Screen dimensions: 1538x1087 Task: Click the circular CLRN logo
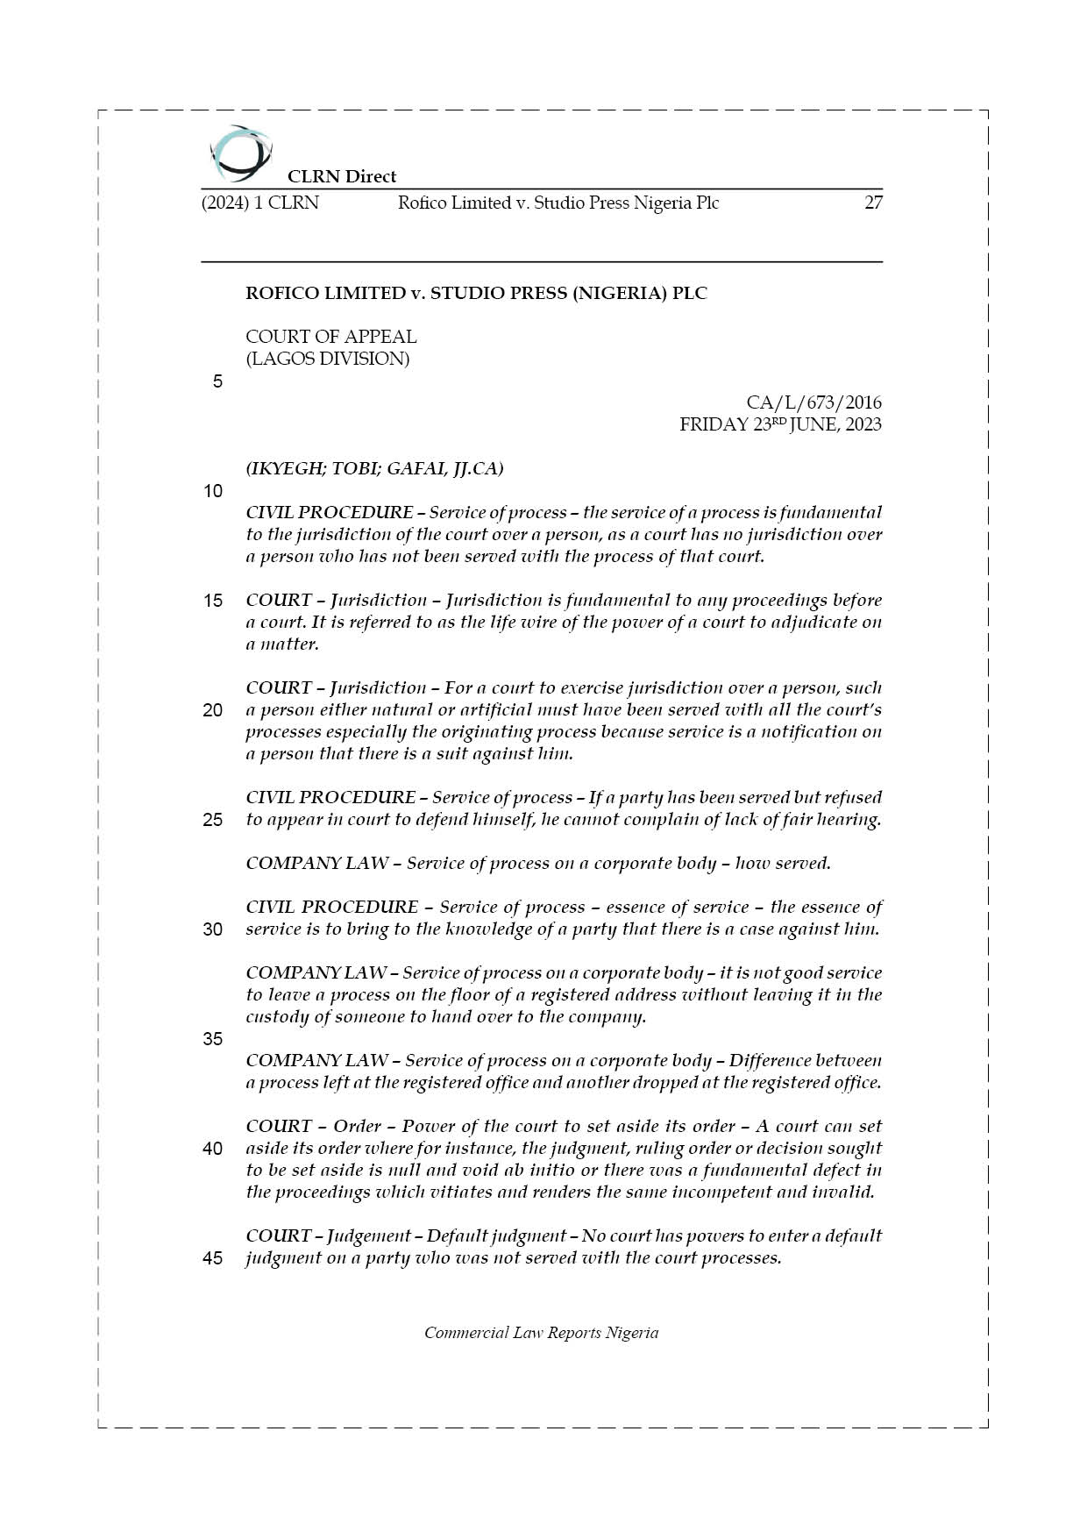pyautogui.click(x=240, y=153)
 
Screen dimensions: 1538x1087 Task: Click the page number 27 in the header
pyautogui.click(x=873, y=203)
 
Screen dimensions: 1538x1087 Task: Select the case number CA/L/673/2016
pyautogui.click(x=813, y=402)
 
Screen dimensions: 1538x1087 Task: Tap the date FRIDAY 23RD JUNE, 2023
pyautogui.click(x=780, y=424)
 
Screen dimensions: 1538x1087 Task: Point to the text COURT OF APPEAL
pyautogui.click(x=330, y=337)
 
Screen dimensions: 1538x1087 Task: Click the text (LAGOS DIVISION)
pyautogui.click(x=327, y=359)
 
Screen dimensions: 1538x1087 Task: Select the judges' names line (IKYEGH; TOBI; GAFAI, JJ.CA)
pyautogui.click(x=374, y=468)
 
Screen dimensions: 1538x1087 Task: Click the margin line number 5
pyautogui.click(x=217, y=381)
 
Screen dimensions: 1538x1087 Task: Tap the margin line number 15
pyautogui.click(x=213, y=601)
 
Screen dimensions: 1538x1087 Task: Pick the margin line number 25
pyautogui.click(x=213, y=820)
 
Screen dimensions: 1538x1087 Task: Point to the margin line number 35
pyautogui.click(x=213, y=1039)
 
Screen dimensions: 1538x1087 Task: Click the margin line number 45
pyautogui.click(x=213, y=1258)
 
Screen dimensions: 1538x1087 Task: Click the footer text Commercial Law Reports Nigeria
pyautogui.click(x=541, y=1333)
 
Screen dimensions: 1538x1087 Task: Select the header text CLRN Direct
pyautogui.click(x=342, y=176)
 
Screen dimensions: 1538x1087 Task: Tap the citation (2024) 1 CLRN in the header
pyautogui.click(x=260, y=203)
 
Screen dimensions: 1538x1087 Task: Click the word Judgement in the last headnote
pyautogui.click(x=368, y=1236)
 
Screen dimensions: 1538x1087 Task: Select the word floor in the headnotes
pyautogui.click(x=469, y=995)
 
